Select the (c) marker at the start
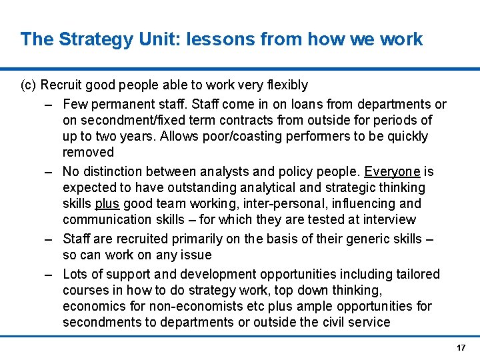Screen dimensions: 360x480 (29, 85)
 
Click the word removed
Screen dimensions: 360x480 (89, 152)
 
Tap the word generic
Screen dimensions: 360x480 (357, 239)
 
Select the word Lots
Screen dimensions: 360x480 (75, 274)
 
